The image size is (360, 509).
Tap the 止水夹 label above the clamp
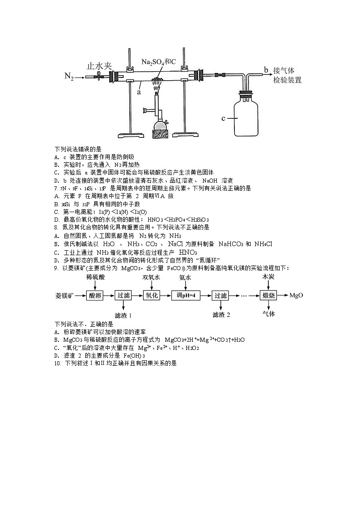(99, 66)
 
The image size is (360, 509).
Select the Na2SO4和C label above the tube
(159, 62)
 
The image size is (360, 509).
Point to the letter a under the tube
(139, 91)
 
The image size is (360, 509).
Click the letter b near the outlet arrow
(266, 69)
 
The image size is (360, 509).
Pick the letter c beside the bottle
(223, 118)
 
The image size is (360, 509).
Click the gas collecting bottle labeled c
(248, 116)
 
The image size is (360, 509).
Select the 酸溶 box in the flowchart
(95, 296)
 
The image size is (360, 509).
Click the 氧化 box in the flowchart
(151, 296)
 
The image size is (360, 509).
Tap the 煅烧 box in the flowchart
(268, 296)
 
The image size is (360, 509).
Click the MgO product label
(296, 296)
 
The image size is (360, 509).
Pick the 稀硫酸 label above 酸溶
(95, 276)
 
